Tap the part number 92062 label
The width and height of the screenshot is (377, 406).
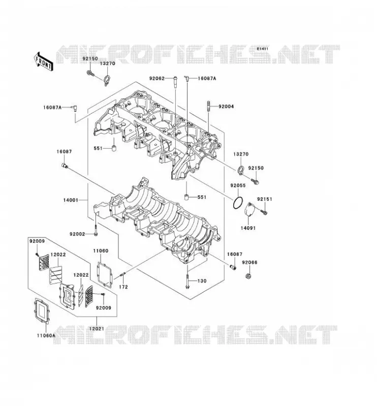156,78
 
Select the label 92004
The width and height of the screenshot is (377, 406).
226,107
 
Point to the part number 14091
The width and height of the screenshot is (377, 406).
248,228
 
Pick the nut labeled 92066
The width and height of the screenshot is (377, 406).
248,276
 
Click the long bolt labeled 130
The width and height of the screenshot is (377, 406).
187,278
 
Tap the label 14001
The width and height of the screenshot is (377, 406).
71,200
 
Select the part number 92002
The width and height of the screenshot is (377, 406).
77,234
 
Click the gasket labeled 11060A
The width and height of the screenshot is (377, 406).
42,311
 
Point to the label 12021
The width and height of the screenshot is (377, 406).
97,329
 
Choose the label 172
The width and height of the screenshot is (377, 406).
123,287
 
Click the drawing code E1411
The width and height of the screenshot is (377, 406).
262,49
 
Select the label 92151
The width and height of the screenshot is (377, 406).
265,199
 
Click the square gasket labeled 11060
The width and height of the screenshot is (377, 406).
105,275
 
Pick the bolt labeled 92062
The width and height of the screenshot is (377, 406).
175,82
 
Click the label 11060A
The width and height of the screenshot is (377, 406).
46,335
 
